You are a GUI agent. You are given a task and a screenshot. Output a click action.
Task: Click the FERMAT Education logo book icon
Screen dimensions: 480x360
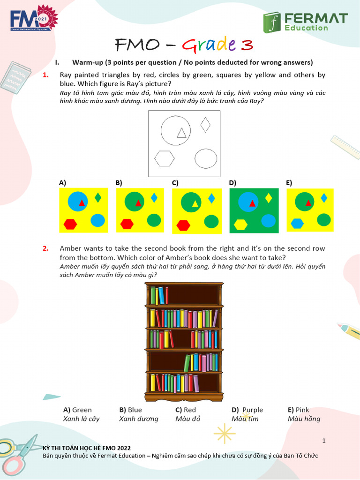(x=271, y=22)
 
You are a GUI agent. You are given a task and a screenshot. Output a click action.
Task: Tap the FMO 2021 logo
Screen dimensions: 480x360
(x=33, y=19)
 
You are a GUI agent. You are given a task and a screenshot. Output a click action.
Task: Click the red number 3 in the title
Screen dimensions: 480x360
(x=247, y=45)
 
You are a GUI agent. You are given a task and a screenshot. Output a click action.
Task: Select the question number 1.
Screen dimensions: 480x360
(x=46, y=75)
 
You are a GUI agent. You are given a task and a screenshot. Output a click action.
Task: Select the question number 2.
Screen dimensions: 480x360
(x=46, y=248)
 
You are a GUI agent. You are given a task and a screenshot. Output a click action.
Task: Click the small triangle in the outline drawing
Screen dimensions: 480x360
(x=181, y=133)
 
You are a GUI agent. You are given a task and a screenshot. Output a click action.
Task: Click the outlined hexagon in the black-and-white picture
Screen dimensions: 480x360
(x=165, y=158)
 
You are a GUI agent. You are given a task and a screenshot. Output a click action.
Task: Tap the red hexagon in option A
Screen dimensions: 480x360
(x=70, y=224)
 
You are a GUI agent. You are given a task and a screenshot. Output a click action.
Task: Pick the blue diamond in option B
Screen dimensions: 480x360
(x=154, y=198)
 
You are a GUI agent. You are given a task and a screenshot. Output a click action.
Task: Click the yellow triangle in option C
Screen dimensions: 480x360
(x=195, y=203)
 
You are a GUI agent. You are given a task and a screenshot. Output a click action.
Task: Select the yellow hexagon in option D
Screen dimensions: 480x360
(x=240, y=225)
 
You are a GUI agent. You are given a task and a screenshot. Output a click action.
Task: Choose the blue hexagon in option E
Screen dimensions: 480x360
(x=297, y=224)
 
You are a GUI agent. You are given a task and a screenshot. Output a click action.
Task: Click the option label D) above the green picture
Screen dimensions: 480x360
(x=233, y=183)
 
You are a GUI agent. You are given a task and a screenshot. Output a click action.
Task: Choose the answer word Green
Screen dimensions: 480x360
(x=82, y=410)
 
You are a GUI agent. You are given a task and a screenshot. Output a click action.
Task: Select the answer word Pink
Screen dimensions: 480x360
(x=302, y=410)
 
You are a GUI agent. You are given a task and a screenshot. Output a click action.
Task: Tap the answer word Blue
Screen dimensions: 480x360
(x=135, y=410)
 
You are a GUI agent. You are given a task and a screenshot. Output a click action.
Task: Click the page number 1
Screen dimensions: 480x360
(x=324, y=441)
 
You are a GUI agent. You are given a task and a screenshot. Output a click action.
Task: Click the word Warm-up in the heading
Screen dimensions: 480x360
(x=87, y=62)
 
